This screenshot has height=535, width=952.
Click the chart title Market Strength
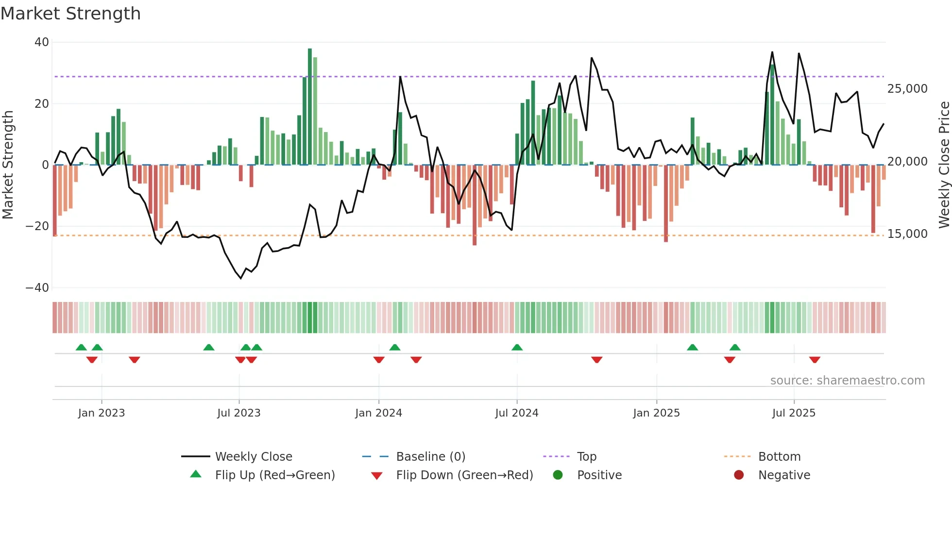70,14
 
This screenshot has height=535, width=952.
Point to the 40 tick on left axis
42,42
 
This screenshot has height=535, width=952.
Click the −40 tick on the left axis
37,288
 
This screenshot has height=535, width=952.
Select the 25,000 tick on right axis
907,89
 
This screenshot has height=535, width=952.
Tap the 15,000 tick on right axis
907,234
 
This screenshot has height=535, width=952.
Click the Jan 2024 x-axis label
378,413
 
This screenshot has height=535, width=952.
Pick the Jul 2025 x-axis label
794,413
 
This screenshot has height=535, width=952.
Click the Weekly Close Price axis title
944,165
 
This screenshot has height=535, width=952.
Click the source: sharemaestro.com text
847,381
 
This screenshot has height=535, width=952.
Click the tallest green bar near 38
310,107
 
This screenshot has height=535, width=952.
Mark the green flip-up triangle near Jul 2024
517,348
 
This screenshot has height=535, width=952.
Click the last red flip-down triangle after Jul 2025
815,360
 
